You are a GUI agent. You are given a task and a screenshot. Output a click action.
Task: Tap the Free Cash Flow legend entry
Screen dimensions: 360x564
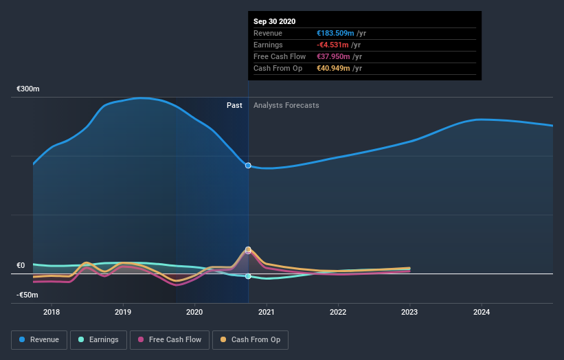[169, 339]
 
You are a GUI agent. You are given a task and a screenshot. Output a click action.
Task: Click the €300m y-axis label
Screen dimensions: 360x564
[28, 89]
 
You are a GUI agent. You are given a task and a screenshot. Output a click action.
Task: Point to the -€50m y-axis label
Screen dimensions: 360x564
[28, 295]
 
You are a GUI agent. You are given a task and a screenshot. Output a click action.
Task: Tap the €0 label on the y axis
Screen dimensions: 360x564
[21, 265]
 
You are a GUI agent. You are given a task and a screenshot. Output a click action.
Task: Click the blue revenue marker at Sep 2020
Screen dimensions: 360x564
[248, 166]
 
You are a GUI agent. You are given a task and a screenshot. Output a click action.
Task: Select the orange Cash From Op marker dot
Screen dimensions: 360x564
[248, 249]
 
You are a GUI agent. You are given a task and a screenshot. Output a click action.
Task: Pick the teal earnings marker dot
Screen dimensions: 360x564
[248, 276]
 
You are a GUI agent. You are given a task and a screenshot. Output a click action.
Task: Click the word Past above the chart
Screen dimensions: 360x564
[234, 105]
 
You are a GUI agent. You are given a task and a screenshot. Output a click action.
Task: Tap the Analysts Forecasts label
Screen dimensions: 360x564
[286, 105]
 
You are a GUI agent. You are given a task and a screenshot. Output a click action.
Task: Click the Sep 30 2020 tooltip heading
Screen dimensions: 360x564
[274, 21]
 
